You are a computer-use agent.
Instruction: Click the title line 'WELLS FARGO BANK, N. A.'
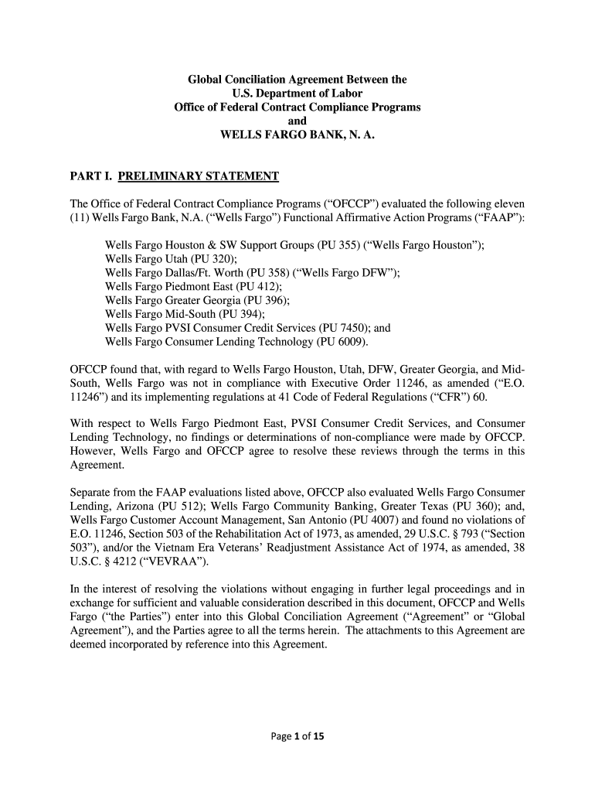coord(297,135)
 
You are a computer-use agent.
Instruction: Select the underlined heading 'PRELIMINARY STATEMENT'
coord(198,176)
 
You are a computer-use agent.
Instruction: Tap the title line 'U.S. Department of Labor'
coord(297,94)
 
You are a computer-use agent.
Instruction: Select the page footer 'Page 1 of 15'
coord(297,736)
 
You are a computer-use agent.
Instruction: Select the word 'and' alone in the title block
coord(297,121)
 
